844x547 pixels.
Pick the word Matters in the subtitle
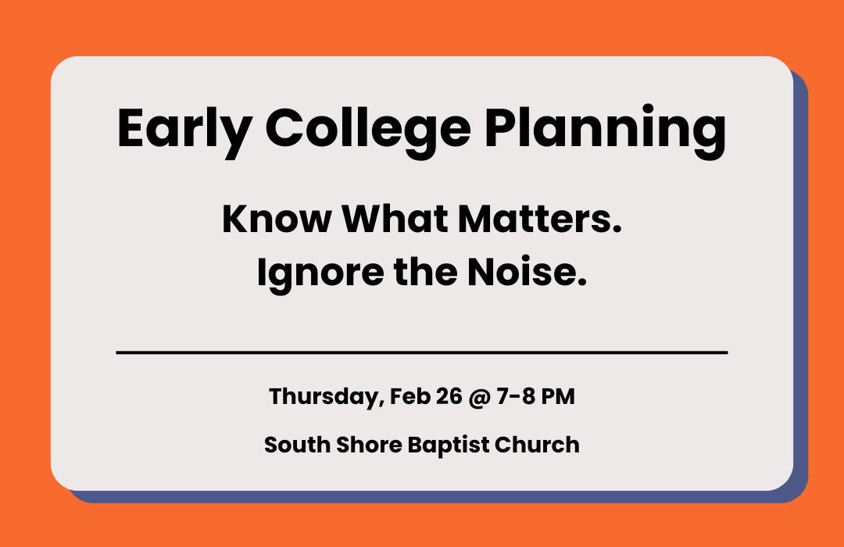[539, 220]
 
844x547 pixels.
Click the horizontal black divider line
[422, 352]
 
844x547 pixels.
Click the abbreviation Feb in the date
[406, 397]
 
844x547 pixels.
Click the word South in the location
[292, 445]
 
